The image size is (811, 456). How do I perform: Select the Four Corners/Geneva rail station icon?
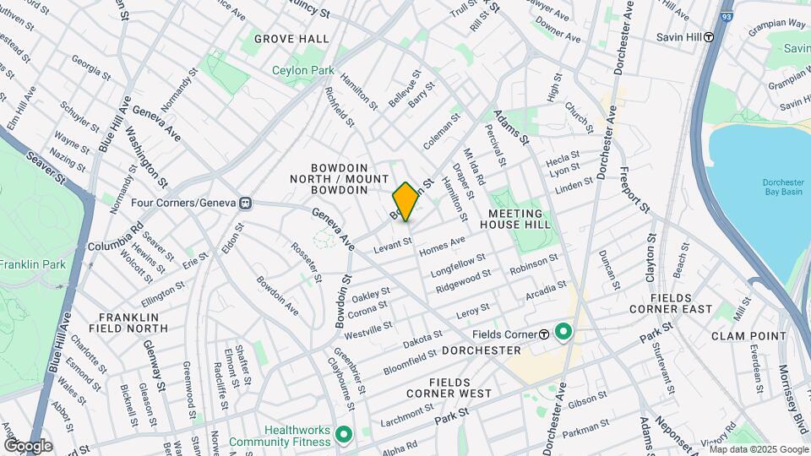click(x=246, y=203)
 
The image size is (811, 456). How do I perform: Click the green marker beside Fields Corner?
click(x=563, y=332)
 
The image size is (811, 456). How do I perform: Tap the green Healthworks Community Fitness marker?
click(x=343, y=435)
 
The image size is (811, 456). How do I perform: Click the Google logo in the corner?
click(x=28, y=446)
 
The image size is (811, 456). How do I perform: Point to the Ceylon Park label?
click(x=303, y=71)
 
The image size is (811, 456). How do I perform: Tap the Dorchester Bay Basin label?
click(x=782, y=187)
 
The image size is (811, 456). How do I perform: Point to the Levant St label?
click(x=393, y=243)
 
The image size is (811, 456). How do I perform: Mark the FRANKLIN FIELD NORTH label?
click(x=128, y=322)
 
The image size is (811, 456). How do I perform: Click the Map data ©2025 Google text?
click(x=758, y=449)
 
